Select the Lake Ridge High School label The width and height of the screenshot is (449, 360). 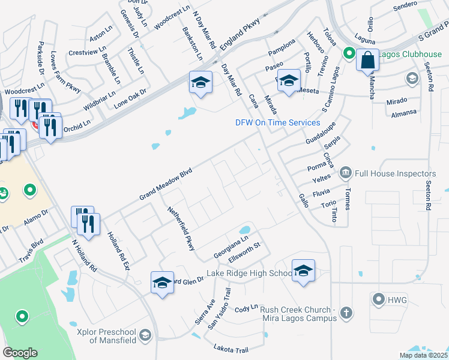click(x=249, y=274)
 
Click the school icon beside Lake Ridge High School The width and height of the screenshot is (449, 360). click(x=303, y=270)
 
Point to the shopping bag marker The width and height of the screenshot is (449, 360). click(x=367, y=61)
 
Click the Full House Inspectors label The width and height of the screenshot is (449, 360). click(x=395, y=173)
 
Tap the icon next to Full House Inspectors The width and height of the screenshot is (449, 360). click(x=346, y=173)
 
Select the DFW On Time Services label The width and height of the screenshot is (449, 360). click(x=277, y=123)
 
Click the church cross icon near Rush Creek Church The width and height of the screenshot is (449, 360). click(x=346, y=313)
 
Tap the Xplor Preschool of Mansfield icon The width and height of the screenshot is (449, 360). click(x=145, y=335)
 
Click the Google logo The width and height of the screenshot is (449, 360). click(x=20, y=353)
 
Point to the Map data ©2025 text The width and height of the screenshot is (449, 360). click(x=423, y=355)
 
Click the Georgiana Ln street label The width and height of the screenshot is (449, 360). click(x=231, y=248)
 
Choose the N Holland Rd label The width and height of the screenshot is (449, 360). click(x=84, y=256)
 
